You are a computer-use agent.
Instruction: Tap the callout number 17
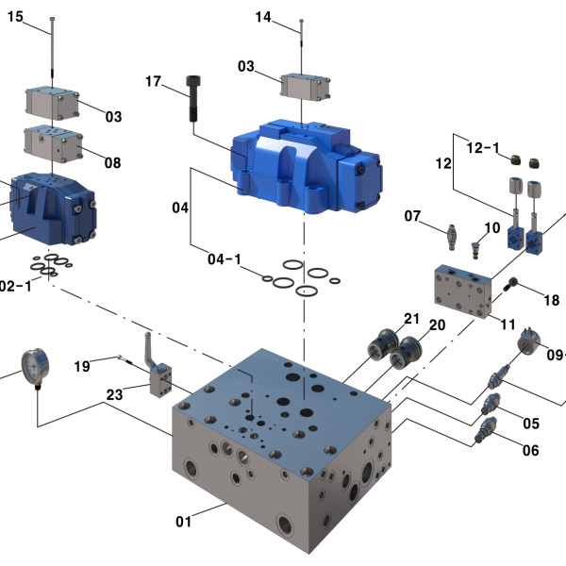tap(154, 82)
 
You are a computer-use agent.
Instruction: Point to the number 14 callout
tap(263, 17)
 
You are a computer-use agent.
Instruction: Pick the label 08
tap(113, 162)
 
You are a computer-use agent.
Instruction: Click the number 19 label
tap(82, 365)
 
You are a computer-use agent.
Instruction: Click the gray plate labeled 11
tap(462, 291)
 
